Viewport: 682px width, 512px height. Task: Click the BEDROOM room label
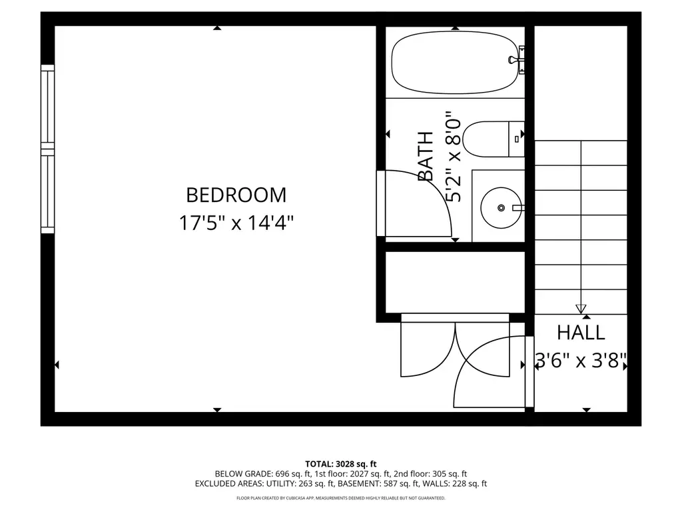236,195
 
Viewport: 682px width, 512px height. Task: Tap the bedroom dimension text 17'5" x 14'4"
236,223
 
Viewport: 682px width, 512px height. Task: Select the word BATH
426,156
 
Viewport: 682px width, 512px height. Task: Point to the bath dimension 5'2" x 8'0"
453,156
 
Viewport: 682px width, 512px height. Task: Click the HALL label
581,333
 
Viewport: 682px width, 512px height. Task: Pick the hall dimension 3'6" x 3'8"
581,361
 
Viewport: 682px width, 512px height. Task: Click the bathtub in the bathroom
455,62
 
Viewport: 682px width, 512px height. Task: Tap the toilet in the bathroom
494,139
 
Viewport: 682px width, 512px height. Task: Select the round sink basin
501,208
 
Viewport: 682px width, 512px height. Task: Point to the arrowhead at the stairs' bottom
581,309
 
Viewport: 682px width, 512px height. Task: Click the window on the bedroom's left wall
47,149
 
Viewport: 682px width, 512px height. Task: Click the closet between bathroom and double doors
455,282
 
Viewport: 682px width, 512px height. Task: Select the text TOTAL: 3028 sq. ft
340,464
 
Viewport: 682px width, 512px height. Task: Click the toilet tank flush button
516,139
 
